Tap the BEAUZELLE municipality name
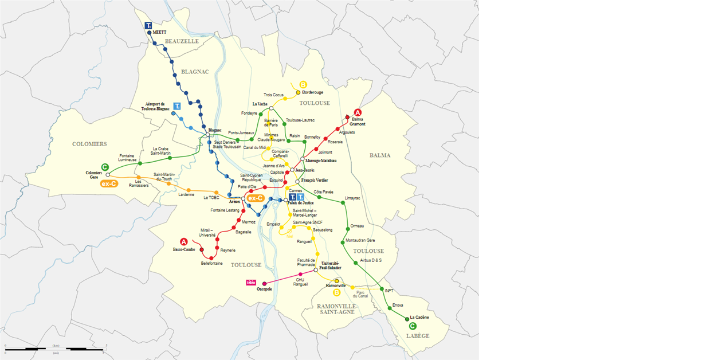coord(182,41)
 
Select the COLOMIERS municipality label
coord(89,144)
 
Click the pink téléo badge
coord(250,282)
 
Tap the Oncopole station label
coord(264,289)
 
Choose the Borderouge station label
coord(312,92)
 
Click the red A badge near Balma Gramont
coord(358,113)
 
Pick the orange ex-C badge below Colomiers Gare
coord(109,184)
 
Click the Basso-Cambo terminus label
coord(184,249)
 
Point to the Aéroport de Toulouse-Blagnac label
coord(155,106)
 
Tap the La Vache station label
coord(260,104)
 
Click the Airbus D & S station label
coord(371,260)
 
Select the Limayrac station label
coord(352,198)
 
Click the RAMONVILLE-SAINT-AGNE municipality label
coord(337,310)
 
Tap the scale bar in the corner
coord(56,348)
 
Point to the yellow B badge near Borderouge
coord(303,84)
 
